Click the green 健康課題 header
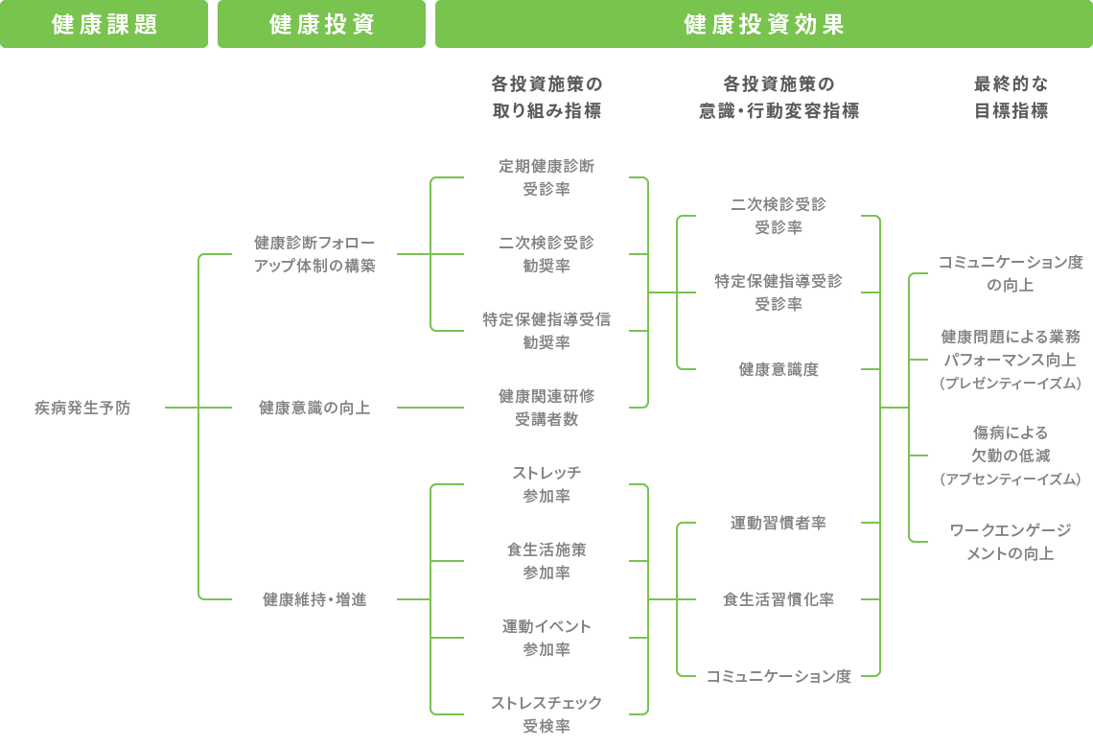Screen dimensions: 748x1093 tap(104, 24)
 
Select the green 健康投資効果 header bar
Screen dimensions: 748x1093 tap(763, 24)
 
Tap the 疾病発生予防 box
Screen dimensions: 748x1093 tap(82, 408)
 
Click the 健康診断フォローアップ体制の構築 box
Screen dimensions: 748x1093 tap(314, 254)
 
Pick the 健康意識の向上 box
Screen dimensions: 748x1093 tap(314, 408)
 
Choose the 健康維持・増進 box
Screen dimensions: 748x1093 tap(314, 599)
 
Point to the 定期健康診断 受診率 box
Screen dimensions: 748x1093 tap(546, 177)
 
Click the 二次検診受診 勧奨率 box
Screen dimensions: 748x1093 tap(546, 254)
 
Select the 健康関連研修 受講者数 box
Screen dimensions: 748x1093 tap(546, 408)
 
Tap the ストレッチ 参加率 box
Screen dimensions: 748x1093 tap(546, 484)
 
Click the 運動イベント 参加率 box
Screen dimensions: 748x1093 tap(546, 638)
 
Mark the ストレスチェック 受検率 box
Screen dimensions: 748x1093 tap(546, 714)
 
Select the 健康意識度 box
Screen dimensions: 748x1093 tap(779, 369)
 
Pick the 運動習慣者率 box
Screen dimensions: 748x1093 tap(779, 523)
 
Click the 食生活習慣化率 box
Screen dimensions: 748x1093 tap(779, 599)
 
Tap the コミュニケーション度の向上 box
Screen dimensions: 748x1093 tap(1011, 273)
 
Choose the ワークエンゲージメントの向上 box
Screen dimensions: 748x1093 tap(1011, 542)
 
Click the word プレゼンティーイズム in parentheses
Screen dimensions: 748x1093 tap(1011, 384)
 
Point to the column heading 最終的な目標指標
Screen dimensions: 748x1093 tap(1011, 97)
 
